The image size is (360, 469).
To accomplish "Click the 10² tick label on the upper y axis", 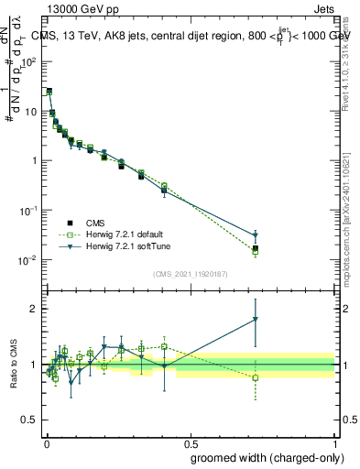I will [x=29, y=62].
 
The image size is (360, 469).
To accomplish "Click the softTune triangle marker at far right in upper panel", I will [x=256, y=235].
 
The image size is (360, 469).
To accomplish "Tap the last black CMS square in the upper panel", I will [x=256, y=248].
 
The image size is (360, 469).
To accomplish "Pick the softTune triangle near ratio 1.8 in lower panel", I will [x=256, y=319].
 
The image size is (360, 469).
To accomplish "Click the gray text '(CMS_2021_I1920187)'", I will [x=190, y=274].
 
